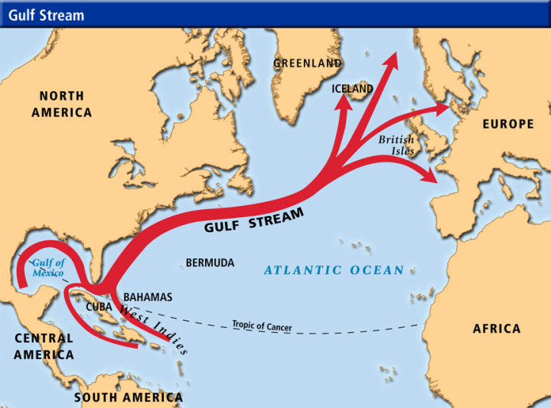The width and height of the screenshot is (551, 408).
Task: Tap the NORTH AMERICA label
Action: click(66, 104)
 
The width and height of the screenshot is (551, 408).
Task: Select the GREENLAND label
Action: click(308, 64)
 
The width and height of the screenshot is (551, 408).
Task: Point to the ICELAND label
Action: click(352, 89)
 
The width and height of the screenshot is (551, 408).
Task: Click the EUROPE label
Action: click(507, 124)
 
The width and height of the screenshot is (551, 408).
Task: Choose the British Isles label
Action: click(397, 145)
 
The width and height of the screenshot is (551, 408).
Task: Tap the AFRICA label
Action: click(497, 328)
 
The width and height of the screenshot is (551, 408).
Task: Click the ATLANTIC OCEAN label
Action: click(334, 270)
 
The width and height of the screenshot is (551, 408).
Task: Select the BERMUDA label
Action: click(210, 263)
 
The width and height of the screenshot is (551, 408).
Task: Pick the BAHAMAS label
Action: click(148, 297)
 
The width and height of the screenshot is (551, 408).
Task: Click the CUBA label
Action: click(99, 306)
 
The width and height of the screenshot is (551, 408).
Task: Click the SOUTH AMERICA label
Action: click(129, 397)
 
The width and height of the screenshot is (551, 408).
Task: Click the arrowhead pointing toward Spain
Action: click(431, 178)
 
